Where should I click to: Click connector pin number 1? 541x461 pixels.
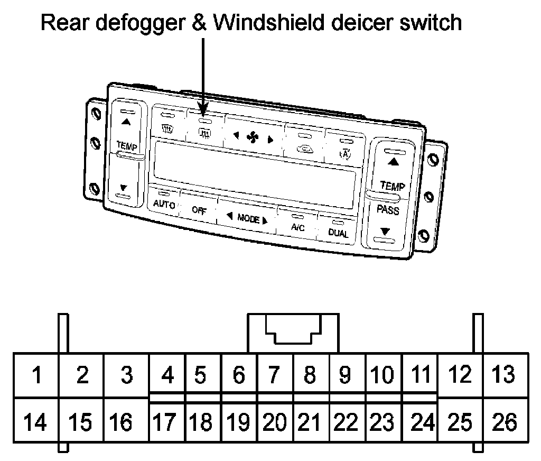[x=36, y=375]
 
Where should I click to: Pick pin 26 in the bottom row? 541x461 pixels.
[x=505, y=423]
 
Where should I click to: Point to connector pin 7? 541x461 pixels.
[x=273, y=375]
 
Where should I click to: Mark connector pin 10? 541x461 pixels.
[x=383, y=375]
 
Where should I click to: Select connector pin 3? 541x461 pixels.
[x=126, y=375]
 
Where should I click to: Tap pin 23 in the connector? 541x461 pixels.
[x=383, y=423]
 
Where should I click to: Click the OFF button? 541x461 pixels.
[x=199, y=209]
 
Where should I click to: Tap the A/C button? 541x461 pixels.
[x=298, y=226]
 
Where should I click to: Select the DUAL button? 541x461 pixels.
[x=338, y=233]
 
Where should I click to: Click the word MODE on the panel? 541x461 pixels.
[x=248, y=218]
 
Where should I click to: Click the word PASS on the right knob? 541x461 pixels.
[x=388, y=209]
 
